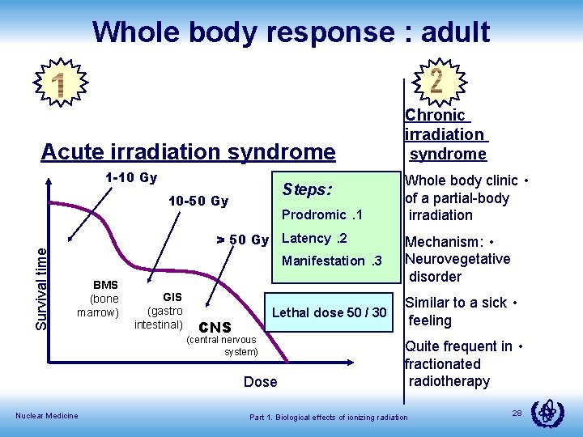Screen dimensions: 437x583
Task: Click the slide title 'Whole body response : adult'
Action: (x=291, y=32)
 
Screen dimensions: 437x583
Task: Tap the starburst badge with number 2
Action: (x=436, y=81)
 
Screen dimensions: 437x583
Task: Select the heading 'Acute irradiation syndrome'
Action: (x=188, y=151)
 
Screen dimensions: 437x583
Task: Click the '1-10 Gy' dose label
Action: (x=131, y=178)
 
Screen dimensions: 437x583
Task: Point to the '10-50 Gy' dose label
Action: (x=198, y=201)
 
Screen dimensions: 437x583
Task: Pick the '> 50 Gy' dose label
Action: (x=241, y=240)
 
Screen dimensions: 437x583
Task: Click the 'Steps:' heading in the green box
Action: (x=307, y=189)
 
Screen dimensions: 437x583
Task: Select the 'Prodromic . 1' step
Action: (x=321, y=214)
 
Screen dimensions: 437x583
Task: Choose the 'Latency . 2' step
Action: (x=314, y=238)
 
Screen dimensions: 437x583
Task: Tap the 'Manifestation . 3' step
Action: (x=331, y=261)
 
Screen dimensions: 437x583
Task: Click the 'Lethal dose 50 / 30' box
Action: (x=330, y=312)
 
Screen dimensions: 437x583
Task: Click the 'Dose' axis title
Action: (x=260, y=381)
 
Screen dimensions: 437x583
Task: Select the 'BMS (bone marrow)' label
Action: (x=105, y=299)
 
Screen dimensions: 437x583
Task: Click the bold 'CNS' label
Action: (x=215, y=328)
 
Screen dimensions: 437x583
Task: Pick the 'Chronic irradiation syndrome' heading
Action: (x=446, y=134)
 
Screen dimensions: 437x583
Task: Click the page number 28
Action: (x=517, y=414)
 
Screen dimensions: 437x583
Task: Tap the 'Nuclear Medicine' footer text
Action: (x=47, y=416)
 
